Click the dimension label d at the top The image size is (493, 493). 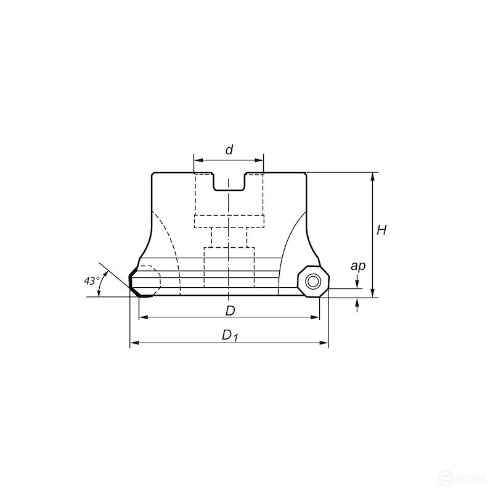coord(229,150)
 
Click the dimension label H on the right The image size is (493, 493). coord(381,230)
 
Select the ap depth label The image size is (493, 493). coord(357,266)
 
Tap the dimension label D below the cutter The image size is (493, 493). coord(230,311)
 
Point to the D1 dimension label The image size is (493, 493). coord(230,335)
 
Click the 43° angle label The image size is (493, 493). coord(91,281)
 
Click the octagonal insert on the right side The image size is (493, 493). coord(312,282)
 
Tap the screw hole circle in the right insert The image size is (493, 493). coord(313,282)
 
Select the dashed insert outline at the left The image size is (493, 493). coord(149,280)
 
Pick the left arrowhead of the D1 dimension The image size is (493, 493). coord(134,343)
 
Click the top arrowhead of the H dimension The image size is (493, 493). coord(373,177)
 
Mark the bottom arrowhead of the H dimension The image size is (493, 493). coord(373,293)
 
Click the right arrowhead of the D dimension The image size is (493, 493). coord(316,317)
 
